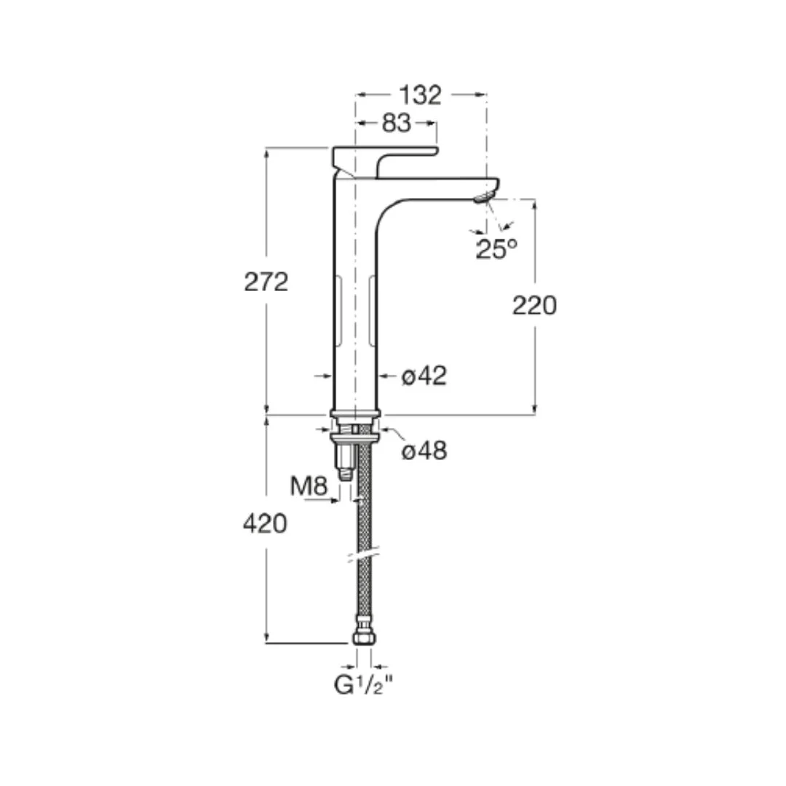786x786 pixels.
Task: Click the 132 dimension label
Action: (420, 95)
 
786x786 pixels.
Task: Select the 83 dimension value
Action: (397, 123)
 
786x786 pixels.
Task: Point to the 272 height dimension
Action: (266, 282)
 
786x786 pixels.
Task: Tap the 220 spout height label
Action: (534, 305)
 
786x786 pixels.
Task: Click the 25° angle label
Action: (496, 249)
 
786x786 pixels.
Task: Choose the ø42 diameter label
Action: (424, 376)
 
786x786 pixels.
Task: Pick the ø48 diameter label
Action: (424, 450)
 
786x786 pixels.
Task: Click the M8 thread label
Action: (309, 485)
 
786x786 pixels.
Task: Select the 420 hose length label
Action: (265, 524)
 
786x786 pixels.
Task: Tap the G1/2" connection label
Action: (364, 686)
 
